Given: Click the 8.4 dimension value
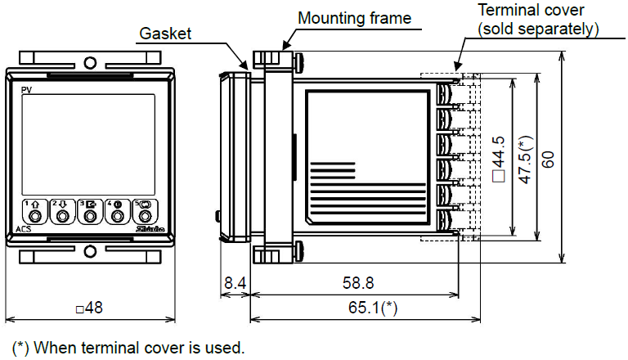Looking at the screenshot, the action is pyautogui.click(x=235, y=283).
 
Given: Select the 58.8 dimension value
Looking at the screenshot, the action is pyautogui.click(x=358, y=283).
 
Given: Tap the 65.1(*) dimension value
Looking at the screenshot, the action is pyautogui.click(x=373, y=308).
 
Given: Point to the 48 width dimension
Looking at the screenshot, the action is pyautogui.click(x=90, y=308).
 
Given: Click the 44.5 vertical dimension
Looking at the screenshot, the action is pyautogui.click(x=499, y=160).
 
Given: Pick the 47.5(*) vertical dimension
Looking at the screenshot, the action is pyautogui.click(x=526, y=160).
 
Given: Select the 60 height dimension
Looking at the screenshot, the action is pyautogui.click(x=548, y=160).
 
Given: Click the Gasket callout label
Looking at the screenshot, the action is pyautogui.click(x=165, y=34).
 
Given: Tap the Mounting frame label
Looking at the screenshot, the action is pyautogui.click(x=354, y=19).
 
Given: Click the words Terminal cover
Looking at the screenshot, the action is pyautogui.click(x=531, y=10).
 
